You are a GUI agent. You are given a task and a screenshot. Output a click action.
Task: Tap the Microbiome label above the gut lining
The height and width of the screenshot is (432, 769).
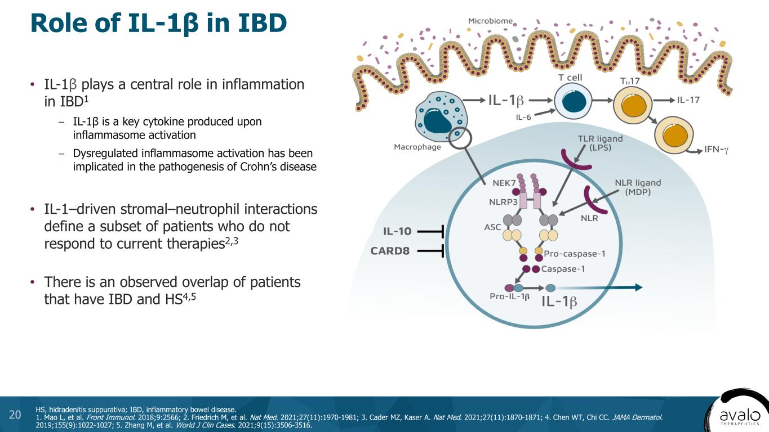[x=490, y=21]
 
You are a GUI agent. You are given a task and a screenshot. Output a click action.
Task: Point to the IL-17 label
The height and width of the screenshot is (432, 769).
[x=688, y=100]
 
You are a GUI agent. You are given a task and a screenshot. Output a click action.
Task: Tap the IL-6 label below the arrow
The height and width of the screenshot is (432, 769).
[x=525, y=118]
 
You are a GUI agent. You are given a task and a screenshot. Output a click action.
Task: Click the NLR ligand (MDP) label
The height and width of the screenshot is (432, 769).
[x=636, y=187]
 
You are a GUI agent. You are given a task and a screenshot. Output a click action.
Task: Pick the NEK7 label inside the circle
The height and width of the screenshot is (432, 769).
[x=504, y=183]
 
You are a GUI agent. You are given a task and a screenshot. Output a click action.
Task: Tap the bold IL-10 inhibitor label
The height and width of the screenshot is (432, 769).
[x=398, y=231]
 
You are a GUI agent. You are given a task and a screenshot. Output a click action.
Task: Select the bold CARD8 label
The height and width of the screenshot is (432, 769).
[x=390, y=251]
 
